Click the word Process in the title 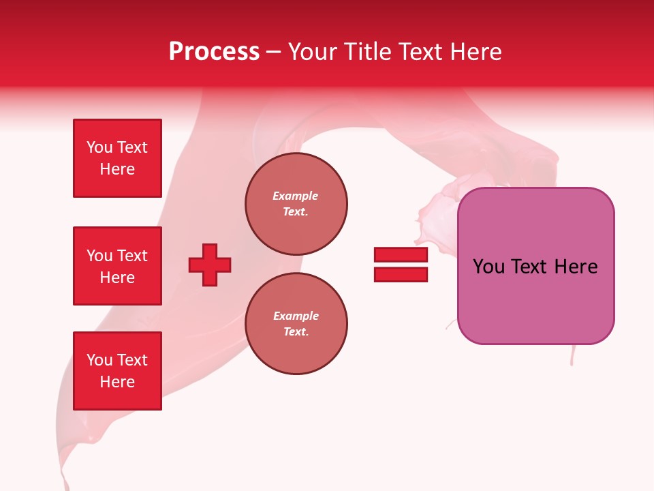tap(214, 52)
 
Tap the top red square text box tap(117, 158)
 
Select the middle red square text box tap(117, 266)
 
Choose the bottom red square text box tap(117, 371)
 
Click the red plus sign tap(210, 265)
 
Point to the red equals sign tap(401, 265)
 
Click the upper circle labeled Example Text tap(296, 204)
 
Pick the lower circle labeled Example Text tap(296, 324)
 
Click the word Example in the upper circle tap(296, 196)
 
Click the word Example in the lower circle tap(296, 316)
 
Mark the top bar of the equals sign tap(401, 255)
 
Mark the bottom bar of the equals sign tap(401, 274)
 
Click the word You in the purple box tap(488, 267)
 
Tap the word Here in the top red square tap(117, 169)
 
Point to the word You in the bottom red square tap(99, 360)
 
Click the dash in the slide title tap(274, 53)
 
